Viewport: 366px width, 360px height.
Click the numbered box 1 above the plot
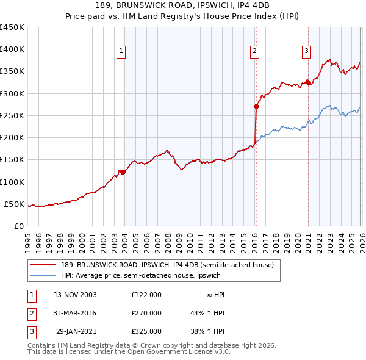122,51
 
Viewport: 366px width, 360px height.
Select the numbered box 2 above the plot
254,51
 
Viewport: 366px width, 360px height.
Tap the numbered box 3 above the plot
306,51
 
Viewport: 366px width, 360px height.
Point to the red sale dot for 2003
123,172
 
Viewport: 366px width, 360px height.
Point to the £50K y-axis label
15,204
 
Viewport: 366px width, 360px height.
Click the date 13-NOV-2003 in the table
75,294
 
